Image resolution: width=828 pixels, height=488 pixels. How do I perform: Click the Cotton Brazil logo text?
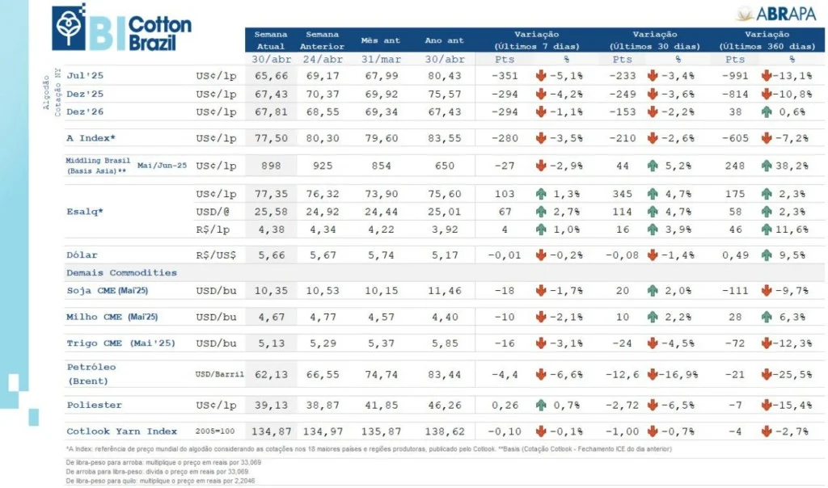pyautogui.click(x=159, y=33)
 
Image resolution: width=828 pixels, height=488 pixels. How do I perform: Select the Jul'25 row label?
pyautogui.click(x=86, y=75)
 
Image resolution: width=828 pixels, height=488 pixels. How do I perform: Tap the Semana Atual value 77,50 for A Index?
pyautogui.click(x=271, y=138)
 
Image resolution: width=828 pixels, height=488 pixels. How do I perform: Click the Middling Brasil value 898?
pyautogui.click(x=271, y=165)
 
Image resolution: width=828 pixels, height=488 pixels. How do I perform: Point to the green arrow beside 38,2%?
pyautogui.click(x=766, y=165)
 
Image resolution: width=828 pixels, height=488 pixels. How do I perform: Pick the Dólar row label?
pyautogui.click(x=82, y=255)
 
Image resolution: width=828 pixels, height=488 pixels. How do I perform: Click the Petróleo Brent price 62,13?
pyautogui.click(x=271, y=374)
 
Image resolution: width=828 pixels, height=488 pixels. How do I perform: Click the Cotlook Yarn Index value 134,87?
pyautogui.click(x=271, y=431)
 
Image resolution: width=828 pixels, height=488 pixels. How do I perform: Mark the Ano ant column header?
pyautogui.click(x=444, y=41)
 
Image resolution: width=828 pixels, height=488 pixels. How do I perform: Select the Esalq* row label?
pyautogui.click(x=85, y=212)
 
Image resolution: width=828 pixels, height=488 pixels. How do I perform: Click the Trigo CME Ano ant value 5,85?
pyautogui.click(x=444, y=343)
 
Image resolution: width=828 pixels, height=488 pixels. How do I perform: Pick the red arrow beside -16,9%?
pyautogui.click(x=653, y=374)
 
